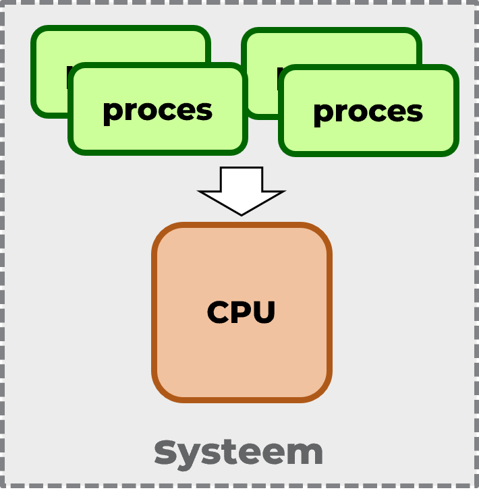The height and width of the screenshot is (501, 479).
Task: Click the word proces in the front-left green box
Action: (157, 111)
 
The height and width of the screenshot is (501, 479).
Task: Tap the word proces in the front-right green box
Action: (368, 112)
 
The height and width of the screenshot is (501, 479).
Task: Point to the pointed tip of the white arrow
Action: (242, 213)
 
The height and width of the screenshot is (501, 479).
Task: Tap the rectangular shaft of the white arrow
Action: (242, 179)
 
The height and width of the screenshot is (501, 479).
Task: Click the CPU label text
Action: (242, 312)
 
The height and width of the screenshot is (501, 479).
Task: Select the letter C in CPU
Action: (219, 312)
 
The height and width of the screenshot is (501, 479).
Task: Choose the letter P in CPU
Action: (242, 312)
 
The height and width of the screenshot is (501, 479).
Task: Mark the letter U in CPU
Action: (264, 312)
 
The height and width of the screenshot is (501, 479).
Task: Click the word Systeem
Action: (239, 452)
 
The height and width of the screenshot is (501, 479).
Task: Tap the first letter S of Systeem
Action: (165, 452)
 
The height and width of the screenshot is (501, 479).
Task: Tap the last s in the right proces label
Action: (415, 113)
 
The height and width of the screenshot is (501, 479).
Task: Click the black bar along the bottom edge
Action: (239, 495)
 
